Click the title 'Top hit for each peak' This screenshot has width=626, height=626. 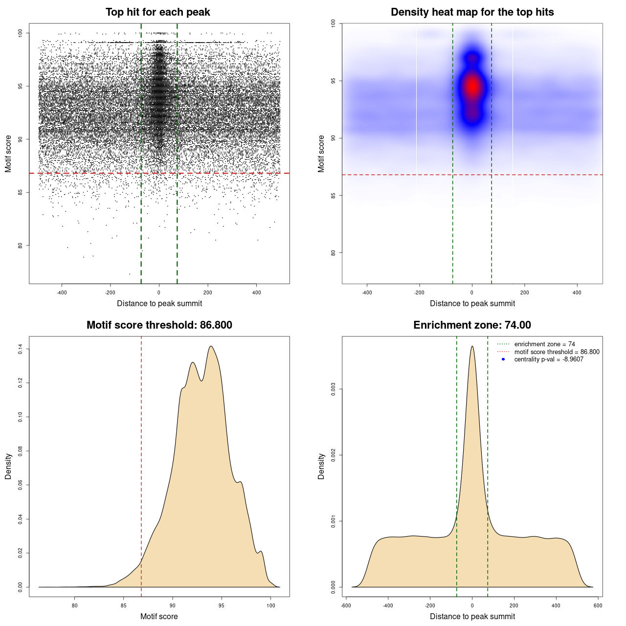click(x=157, y=12)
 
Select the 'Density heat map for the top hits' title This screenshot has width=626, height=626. click(x=472, y=12)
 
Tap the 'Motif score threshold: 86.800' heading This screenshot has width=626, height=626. click(x=159, y=325)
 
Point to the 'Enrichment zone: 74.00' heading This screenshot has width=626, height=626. click(x=472, y=325)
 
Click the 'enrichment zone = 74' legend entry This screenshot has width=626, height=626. click(x=544, y=344)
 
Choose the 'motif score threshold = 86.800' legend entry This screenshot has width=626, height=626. click(x=557, y=352)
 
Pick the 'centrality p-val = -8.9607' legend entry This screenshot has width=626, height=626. click(x=549, y=359)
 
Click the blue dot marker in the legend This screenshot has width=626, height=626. click(x=503, y=359)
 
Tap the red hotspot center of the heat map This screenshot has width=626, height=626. click(x=472, y=87)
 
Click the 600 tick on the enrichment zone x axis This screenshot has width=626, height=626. click(x=598, y=605)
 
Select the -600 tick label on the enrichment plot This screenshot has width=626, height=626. click(x=346, y=605)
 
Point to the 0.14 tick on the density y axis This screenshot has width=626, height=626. click(x=21, y=349)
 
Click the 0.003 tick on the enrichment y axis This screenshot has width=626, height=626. click(x=334, y=389)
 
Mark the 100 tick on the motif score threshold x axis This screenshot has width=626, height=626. click(x=271, y=605)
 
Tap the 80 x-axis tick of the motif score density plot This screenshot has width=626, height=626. click(x=75, y=605)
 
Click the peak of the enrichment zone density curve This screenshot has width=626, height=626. click(x=472, y=347)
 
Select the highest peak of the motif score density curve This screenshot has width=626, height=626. click(x=211, y=346)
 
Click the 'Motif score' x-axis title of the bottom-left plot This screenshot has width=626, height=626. click(x=159, y=616)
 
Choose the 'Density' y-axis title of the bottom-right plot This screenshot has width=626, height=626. click(x=321, y=466)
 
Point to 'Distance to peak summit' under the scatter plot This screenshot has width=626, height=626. click(x=159, y=303)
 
